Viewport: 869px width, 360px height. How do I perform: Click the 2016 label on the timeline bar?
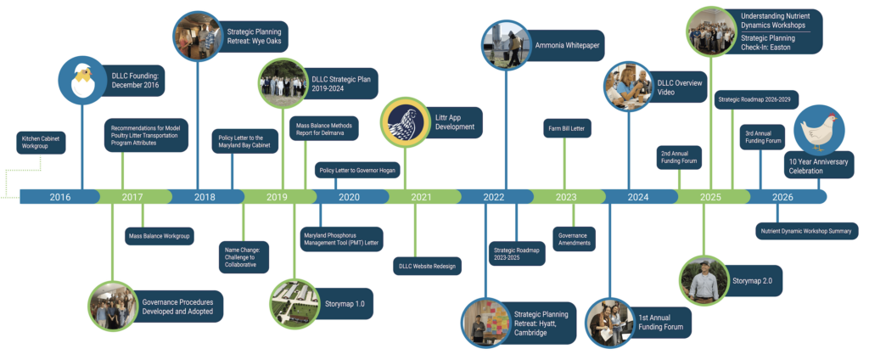click(60, 197)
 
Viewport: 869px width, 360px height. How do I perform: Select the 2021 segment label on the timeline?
click(421, 197)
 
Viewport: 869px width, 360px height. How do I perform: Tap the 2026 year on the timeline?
click(782, 197)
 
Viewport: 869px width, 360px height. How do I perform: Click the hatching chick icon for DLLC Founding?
click(82, 81)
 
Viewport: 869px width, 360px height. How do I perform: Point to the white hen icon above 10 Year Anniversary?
click(819, 130)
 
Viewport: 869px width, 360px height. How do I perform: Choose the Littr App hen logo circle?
click(405, 122)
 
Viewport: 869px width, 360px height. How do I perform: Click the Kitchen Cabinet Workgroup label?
click(41, 143)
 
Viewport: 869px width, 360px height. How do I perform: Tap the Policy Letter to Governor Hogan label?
click(357, 170)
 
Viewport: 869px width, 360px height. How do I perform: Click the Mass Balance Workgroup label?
click(159, 236)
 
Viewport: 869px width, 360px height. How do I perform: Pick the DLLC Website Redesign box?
click(428, 266)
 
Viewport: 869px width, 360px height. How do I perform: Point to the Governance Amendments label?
click(575, 239)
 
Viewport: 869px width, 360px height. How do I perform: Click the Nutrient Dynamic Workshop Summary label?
click(807, 231)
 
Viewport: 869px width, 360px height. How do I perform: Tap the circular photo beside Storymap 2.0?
click(704, 280)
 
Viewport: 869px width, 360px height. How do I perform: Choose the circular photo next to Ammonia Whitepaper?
click(506, 45)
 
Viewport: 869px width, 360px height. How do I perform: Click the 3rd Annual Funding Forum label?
click(762, 137)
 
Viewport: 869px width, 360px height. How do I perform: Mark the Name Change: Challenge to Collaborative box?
click(244, 256)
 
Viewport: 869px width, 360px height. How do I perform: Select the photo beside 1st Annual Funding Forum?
click(609, 323)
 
